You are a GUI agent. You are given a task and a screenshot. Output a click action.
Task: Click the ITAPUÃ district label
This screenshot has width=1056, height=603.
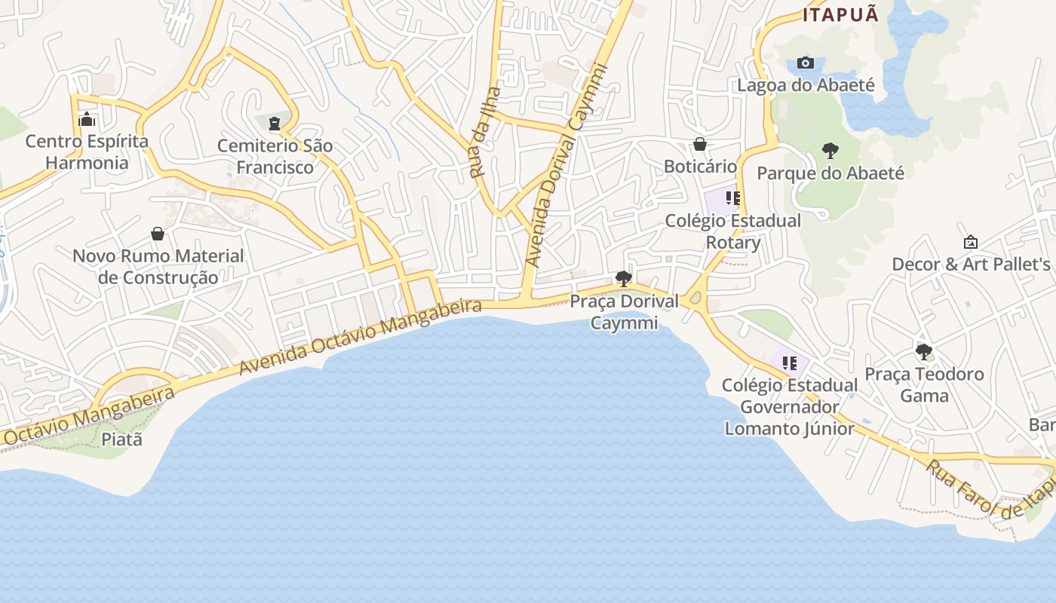tap(840, 15)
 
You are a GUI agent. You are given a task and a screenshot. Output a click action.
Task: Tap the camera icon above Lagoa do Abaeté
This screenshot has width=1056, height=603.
tap(806, 63)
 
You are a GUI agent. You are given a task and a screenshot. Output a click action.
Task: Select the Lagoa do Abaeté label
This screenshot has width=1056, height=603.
tap(806, 85)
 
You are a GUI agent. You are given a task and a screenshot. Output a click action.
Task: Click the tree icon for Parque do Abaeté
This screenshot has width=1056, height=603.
tap(830, 151)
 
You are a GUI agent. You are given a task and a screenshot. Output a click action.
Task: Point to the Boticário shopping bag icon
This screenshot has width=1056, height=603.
tap(700, 144)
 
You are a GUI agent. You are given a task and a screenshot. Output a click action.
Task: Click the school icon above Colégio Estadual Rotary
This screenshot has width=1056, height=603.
tap(732, 198)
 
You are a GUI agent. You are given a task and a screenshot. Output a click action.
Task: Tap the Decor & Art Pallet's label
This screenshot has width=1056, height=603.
tap(971, 265)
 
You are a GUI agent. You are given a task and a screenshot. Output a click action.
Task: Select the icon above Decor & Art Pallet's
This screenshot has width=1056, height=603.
tap(971, 242)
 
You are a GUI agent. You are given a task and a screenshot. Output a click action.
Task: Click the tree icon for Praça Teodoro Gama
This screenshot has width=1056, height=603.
tap(923, 352)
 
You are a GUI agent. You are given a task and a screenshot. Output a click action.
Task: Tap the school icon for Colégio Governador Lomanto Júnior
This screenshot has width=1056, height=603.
tap(789, 363)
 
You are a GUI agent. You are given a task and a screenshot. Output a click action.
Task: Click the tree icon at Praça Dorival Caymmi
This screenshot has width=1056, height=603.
tap(623, 279)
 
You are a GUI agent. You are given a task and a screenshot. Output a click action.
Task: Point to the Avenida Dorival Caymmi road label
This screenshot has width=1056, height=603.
tap(567, 166)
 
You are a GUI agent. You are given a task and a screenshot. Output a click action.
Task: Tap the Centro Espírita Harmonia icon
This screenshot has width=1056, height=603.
tap(87, 119)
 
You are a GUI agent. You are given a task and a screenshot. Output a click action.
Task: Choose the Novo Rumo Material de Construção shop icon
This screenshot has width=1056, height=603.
tap(158, 234)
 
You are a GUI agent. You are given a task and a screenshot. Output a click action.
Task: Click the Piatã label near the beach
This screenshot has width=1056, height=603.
tap(121, 439)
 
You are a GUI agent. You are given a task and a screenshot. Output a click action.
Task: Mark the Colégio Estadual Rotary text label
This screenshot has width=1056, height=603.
tap(732, 232)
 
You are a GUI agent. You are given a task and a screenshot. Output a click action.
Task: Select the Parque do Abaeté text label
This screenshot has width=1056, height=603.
tap(830, 173)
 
